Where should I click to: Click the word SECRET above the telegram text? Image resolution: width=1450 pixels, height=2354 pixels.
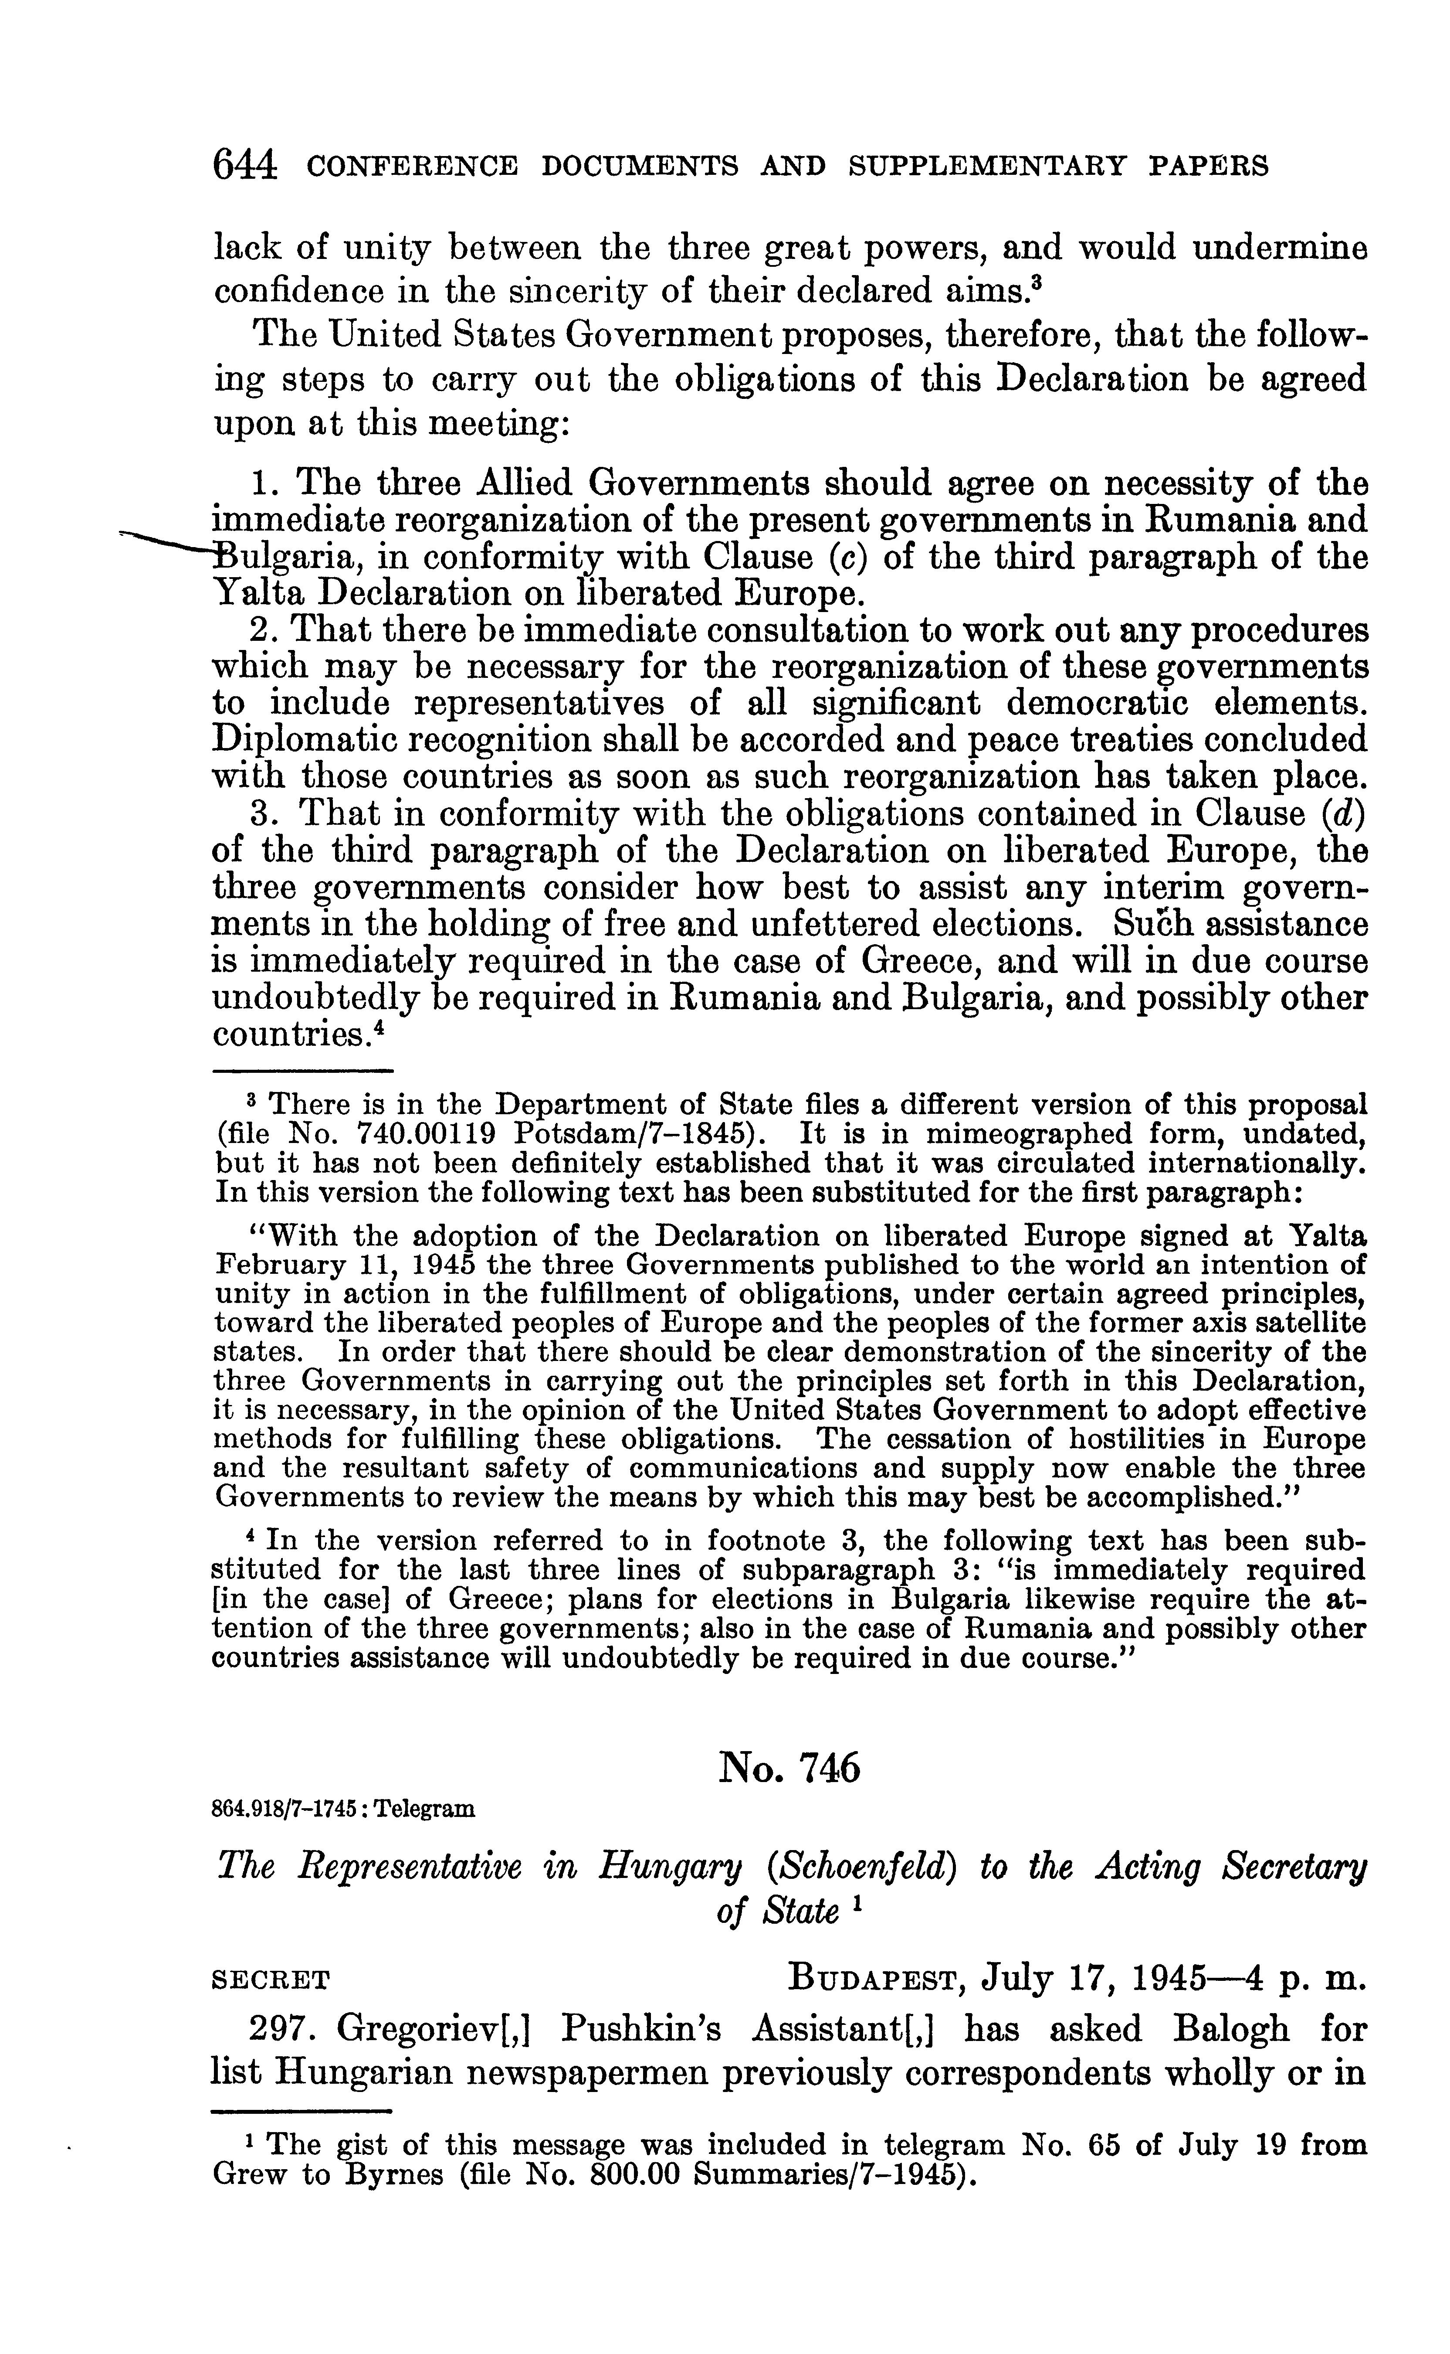[271, 1979]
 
